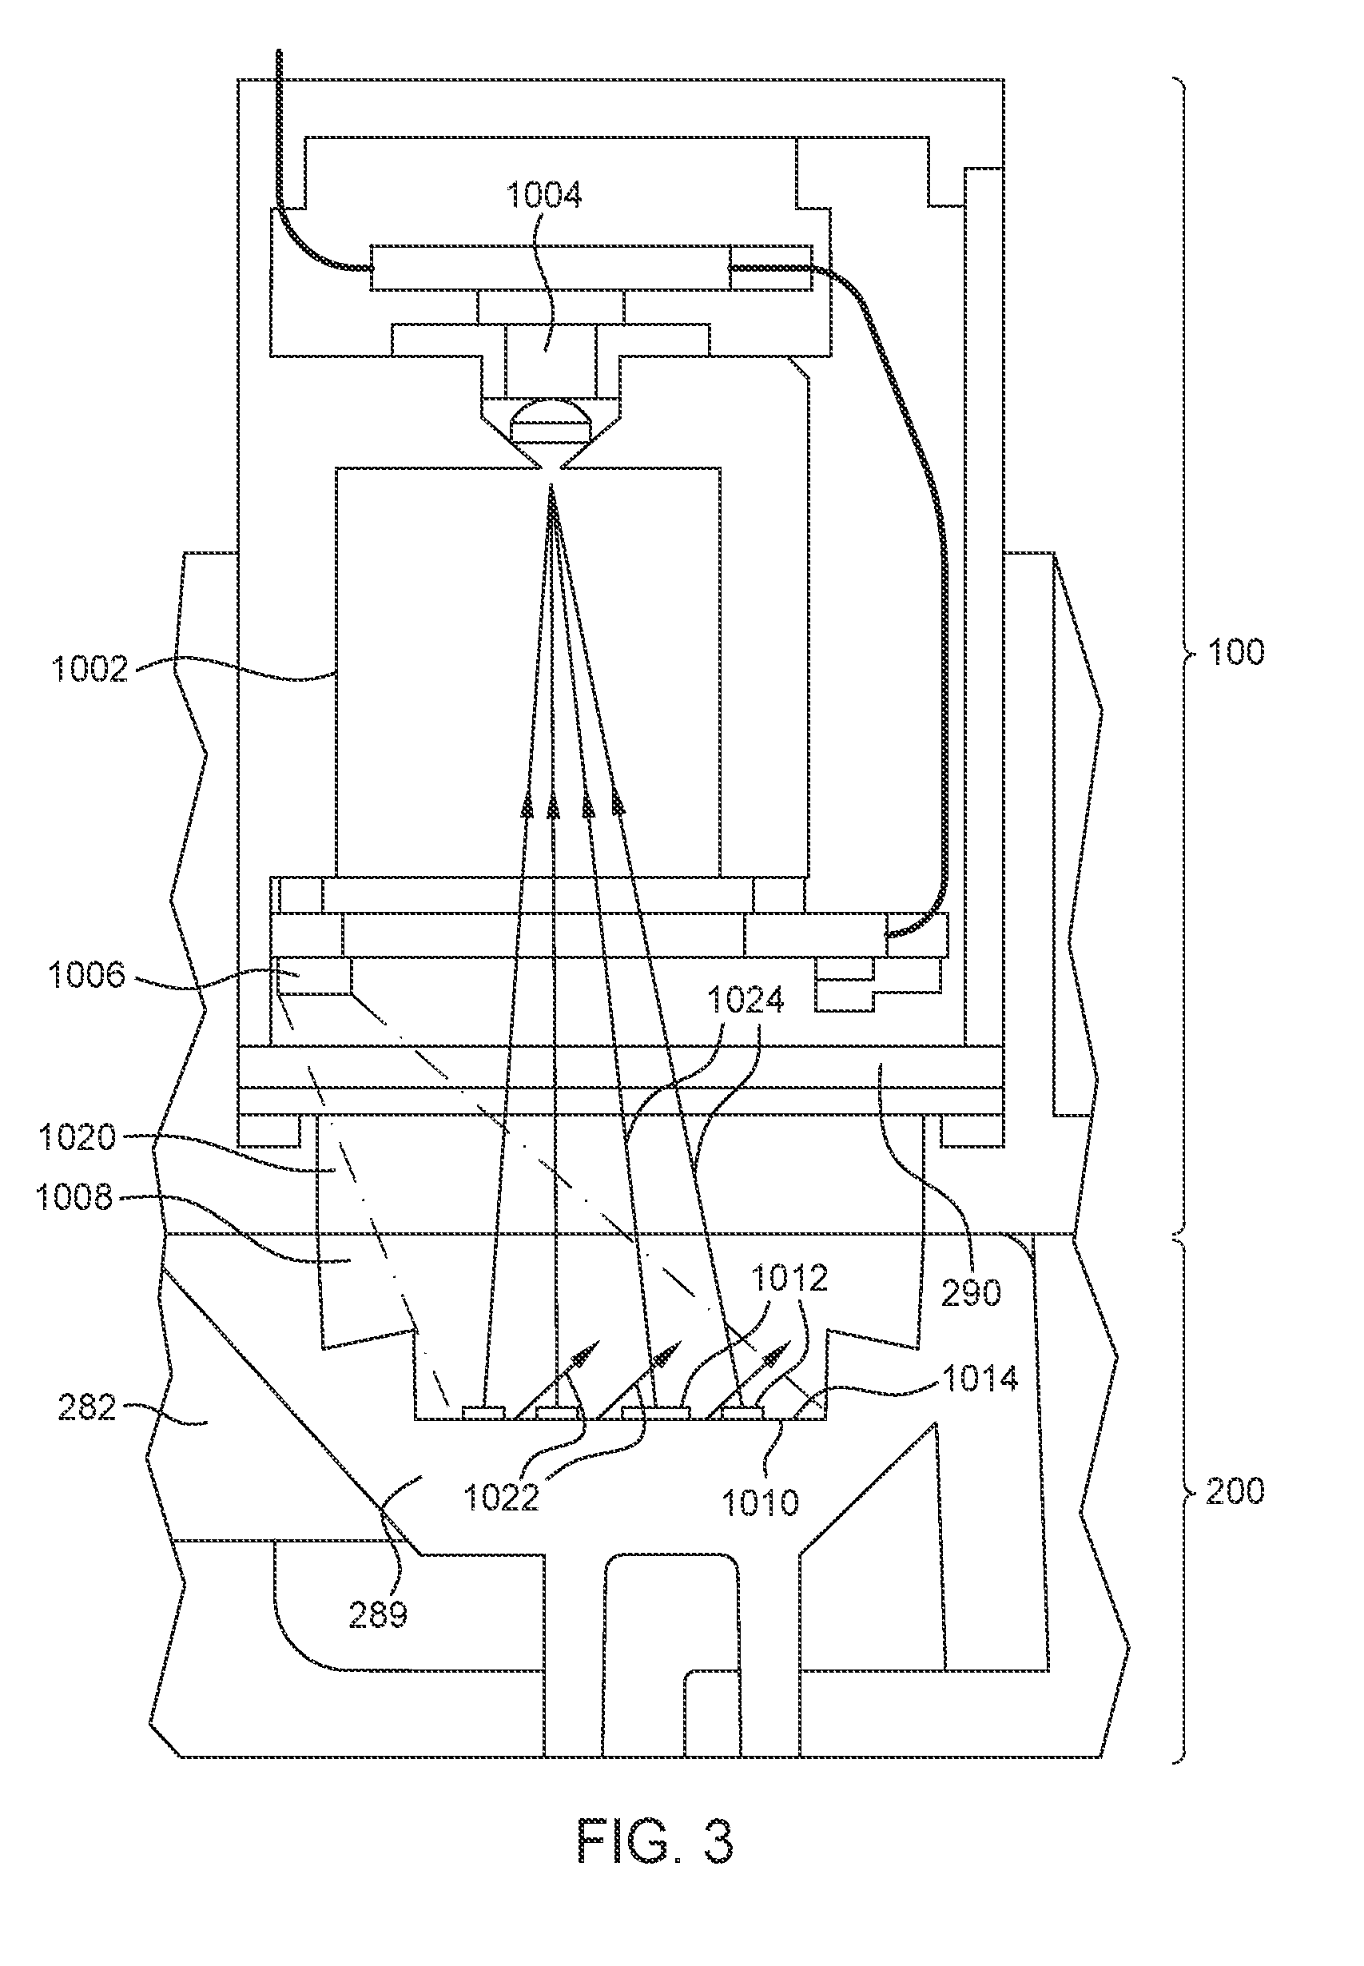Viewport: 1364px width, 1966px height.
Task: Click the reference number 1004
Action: click(543, 195)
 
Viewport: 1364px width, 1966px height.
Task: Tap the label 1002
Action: click(89, 668)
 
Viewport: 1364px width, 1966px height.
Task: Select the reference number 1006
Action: click(86, 974)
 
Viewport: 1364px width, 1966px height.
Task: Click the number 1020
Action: click(76, 1138)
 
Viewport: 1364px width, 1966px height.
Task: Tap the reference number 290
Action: click(971, 1293)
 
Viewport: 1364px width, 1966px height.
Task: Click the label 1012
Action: click(789, 1278)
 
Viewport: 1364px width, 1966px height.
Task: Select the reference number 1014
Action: click(980, 1379)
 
